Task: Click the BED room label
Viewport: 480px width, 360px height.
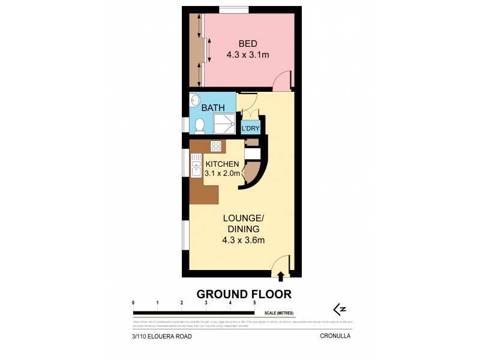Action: [248, 43]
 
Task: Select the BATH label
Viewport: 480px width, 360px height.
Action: [213, 108]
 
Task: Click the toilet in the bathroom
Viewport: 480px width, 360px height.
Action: [199, 125]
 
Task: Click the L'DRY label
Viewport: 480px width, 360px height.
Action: [250, 128]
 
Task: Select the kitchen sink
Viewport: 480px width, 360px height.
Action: [196, 166]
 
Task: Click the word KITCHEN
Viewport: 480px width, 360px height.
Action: [223, 164]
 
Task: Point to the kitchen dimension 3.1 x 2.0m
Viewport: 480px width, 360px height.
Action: [223, 173]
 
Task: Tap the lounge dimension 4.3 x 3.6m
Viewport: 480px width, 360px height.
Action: [243, 241]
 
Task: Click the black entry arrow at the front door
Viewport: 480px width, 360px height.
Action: [281, 275]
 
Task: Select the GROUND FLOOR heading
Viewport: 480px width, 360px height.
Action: [244, 294]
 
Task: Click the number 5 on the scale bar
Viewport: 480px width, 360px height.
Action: [254, 303]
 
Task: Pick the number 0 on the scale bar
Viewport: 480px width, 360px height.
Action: [133, 303]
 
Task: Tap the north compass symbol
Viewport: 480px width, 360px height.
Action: [340, 309]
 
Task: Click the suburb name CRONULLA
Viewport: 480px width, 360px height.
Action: [335, 337]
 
